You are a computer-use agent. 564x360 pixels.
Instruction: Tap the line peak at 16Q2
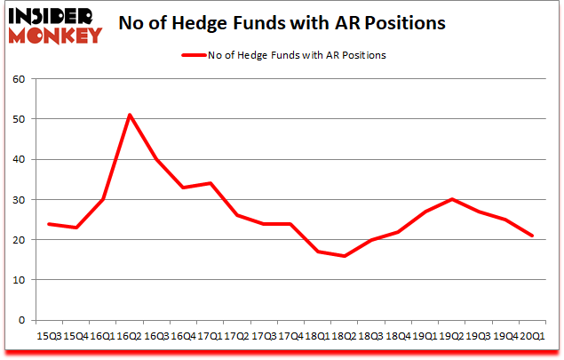(x=130, y=115)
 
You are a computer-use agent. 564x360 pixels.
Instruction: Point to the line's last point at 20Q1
(x=533, y=236)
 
